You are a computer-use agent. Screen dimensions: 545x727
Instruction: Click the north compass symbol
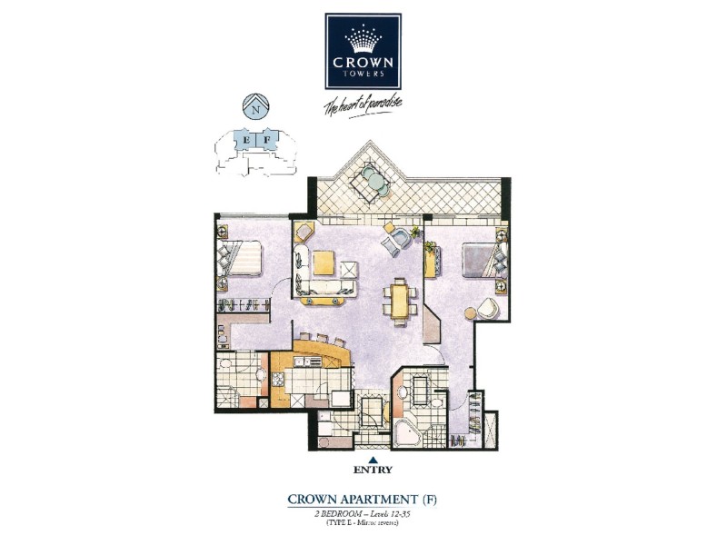[257, 106]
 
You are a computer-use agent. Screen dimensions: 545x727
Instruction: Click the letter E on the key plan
[245, 139]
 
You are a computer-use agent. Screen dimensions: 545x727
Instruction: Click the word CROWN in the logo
[363, 64]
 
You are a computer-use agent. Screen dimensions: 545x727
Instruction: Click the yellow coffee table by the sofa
[325, 263]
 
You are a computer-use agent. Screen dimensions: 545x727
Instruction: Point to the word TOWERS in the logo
[363, 74]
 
